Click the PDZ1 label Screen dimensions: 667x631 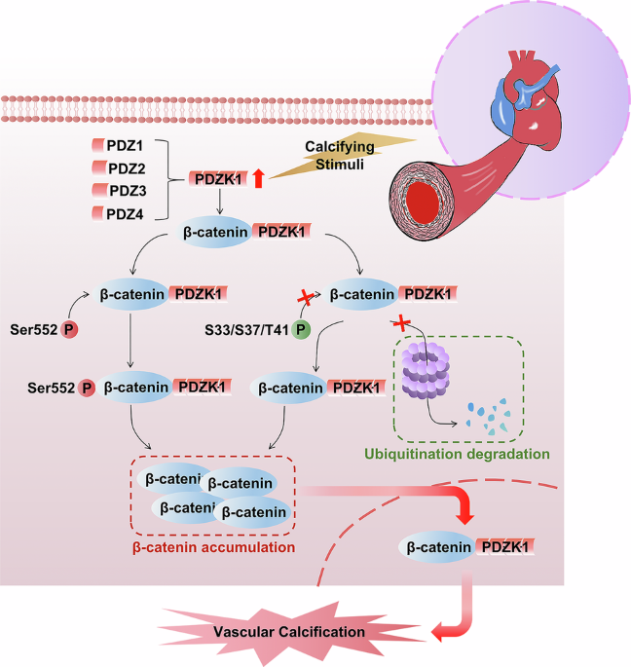point(124,145)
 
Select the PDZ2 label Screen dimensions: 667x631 point(124,167)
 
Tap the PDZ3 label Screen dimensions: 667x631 point(124,189)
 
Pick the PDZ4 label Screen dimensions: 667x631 point(124,211)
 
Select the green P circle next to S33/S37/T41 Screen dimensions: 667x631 point(302,331)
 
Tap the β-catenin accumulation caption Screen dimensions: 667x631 point(212,547)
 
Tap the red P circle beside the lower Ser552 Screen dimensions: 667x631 point(87,388)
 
